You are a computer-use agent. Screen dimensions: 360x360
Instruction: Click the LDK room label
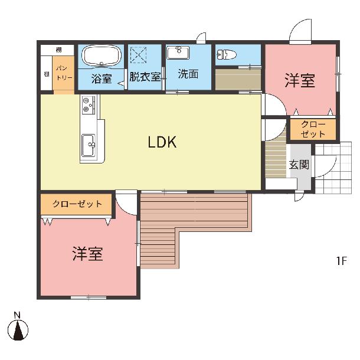162,142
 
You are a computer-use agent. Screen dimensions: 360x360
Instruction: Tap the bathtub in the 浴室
102,55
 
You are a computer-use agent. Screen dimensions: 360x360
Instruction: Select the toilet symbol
227,54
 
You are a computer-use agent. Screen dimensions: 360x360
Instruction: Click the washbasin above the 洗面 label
178,53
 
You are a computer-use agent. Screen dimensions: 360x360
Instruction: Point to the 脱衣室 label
145,77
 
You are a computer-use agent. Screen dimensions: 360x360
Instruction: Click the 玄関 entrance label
299,165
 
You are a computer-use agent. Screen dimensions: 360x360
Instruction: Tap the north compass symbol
18,330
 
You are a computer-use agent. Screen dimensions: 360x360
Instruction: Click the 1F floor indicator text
341,261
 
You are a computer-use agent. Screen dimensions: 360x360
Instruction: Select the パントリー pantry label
64,73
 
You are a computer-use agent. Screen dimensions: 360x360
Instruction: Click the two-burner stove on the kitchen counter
88,104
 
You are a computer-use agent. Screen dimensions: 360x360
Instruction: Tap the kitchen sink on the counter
89,145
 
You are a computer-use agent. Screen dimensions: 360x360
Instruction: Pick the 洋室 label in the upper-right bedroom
300,80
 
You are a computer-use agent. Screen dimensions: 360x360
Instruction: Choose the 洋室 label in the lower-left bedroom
87,253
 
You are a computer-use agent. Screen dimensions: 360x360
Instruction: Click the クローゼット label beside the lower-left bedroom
77,204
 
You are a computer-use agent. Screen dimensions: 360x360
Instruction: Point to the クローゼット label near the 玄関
313,129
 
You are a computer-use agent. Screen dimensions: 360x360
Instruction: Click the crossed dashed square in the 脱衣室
138,55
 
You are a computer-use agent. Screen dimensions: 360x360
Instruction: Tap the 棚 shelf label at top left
58,50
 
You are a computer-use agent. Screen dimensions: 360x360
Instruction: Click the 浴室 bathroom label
102,78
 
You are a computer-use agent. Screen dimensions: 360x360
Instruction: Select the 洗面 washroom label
188,74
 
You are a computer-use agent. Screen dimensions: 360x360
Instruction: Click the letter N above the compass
17,315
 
